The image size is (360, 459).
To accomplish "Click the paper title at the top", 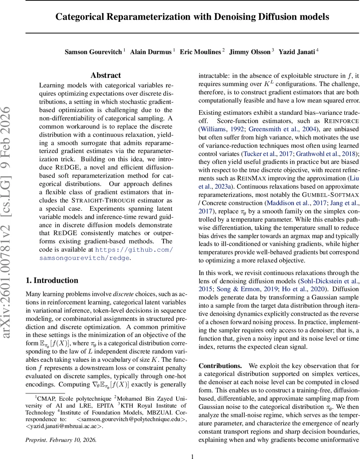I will tap(192, 17).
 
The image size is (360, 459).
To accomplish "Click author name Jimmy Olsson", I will tap(250, 52).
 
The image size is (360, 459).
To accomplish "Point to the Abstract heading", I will tap(106, 75).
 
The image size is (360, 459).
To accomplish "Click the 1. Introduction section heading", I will tap(52, 280).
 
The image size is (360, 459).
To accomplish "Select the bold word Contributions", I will tap(220, 366).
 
